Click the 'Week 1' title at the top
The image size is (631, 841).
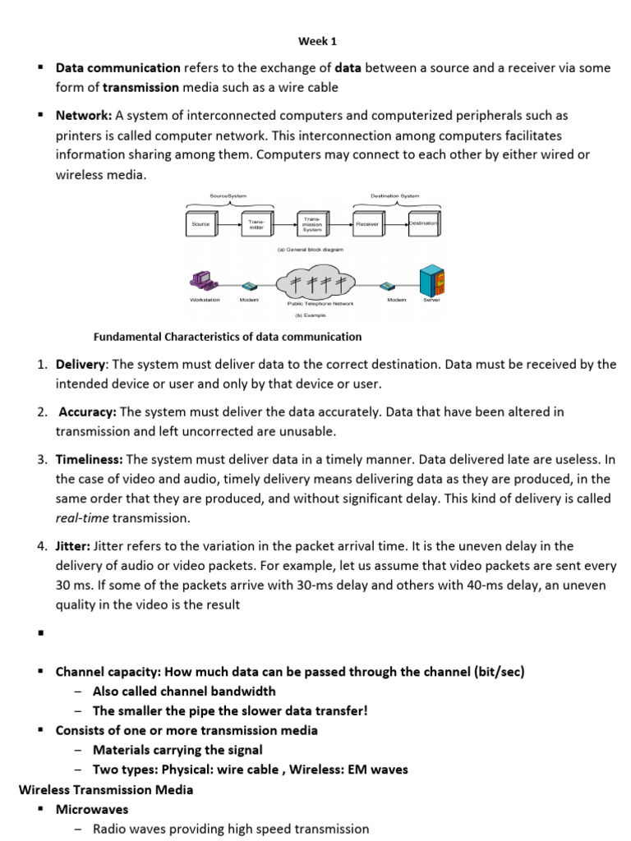tap(316, 40)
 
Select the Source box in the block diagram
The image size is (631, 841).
tap(201, 223)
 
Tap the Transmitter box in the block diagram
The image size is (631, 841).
tap(257, 223)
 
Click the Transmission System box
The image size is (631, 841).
tap(313, 223)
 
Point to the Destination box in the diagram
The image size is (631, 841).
tap(424, 223)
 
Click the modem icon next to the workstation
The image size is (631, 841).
tap(250, 287)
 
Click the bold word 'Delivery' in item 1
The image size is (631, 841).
tap(81, 364)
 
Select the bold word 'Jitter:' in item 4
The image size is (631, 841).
tap(74, 545)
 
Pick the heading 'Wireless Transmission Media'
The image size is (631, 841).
tap(106, 789)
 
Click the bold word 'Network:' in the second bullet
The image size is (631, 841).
tap(84, 115)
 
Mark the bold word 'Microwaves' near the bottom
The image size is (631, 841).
tap(92, 809)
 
